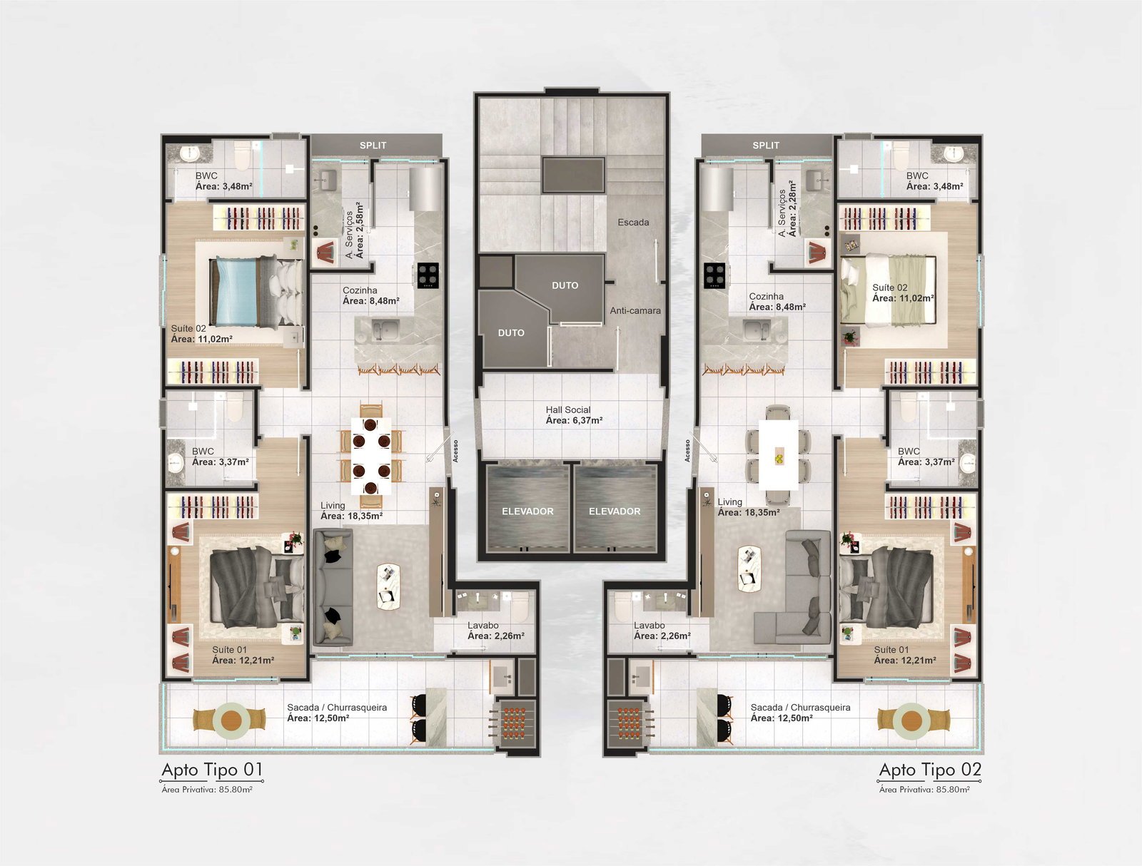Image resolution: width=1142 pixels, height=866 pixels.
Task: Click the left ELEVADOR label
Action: [x=527, y=511]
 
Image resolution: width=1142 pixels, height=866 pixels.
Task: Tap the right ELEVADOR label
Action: [x=615, y=511]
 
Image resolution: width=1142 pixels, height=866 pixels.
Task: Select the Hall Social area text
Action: [x=574, y=414]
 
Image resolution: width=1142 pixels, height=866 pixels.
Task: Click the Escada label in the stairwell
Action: [x=633, y=223]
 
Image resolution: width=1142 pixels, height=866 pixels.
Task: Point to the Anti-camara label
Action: [x=635, y=311]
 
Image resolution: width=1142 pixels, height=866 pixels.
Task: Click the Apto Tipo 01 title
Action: [x=212, y=770]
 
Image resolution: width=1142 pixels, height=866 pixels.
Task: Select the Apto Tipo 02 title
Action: [x=930, y=770]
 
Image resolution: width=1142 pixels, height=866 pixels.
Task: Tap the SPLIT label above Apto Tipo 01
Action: [x=373, y=146]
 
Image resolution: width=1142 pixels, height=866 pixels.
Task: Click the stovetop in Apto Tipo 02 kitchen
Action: [x=714, y=275]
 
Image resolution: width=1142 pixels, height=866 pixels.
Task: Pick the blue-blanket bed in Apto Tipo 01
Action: [x=256, y=292]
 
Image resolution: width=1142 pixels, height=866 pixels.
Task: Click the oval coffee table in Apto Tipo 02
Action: [x=749, y=569]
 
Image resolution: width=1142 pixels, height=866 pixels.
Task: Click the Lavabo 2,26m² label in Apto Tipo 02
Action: [x=662, y=631]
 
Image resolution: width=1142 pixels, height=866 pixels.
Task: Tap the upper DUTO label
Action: [x=565, y=285]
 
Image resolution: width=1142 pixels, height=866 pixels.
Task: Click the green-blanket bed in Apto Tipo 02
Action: [x=889, y=290]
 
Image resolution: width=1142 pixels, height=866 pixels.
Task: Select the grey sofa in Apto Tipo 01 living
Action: [x=333, y=587]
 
